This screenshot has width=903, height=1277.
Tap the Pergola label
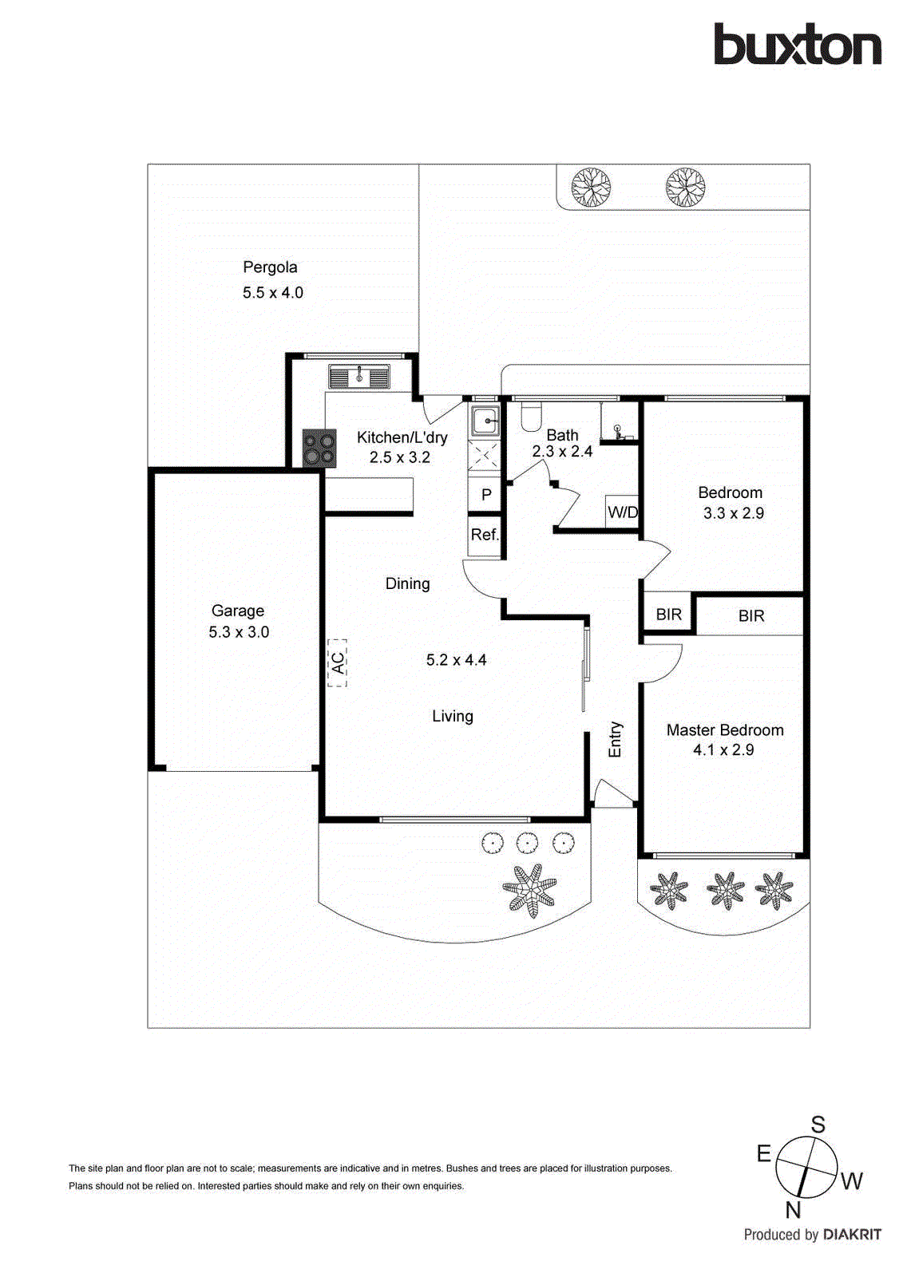[270, 267]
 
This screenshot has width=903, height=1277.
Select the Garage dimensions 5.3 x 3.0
[239, 632]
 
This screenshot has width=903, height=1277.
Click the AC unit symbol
[337, 662]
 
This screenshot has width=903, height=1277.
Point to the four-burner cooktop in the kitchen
[319, 448]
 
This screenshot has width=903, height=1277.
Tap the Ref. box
[485, 535]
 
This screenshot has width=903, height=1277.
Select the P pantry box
[485, 495]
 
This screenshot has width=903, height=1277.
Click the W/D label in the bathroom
[623, 512]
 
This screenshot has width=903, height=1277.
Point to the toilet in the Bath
[530, 415]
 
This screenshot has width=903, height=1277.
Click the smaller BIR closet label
[668, 615]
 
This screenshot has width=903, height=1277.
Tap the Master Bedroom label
[725, 730]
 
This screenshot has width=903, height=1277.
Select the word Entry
[615, 739]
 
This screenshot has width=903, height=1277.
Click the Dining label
[407, 583]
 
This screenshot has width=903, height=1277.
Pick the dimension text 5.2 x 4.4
[456, 660]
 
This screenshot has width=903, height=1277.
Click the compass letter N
[792, 1210]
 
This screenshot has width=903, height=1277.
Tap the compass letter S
[818, 1125]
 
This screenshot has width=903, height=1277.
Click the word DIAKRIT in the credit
[852, 1235]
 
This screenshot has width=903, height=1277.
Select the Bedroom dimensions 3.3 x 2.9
[733, 513]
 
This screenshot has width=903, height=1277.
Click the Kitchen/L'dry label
[402, 437]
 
